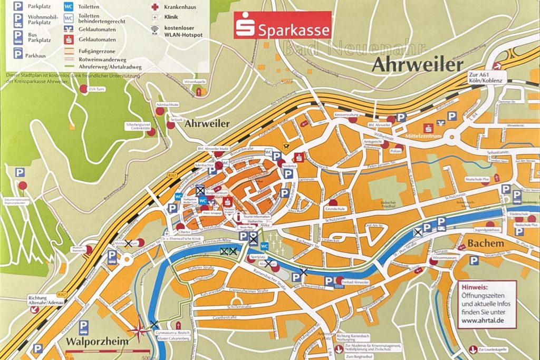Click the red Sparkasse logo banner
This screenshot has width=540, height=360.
click(x=283, y=25)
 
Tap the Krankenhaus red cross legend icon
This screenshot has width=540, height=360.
click(x=154, y=7)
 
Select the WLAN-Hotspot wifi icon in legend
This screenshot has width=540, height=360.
click(x=154, y=30)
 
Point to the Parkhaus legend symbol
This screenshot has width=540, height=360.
click(x=18, y=54)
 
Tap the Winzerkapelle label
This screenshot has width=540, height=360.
click(x=195, y=82)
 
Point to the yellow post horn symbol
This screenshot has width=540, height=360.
click(x=286, y=148)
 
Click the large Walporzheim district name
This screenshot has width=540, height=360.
click(x=97, y=342)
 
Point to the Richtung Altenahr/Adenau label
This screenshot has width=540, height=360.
click(x=43, y=300)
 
